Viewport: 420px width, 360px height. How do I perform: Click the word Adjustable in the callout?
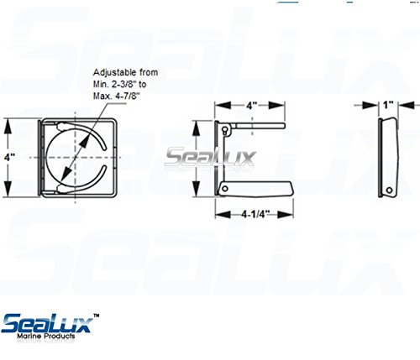pos(115,72)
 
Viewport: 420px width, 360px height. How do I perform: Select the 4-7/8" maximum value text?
pos(126,97)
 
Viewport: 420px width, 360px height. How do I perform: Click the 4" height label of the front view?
pos(9,158)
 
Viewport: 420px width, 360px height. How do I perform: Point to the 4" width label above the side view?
pos(251,106)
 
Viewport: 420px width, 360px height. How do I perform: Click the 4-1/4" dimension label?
pos(255,214)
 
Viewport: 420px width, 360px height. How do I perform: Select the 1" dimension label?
pos(388,105)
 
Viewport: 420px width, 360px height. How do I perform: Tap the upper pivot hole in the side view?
pos(225,129)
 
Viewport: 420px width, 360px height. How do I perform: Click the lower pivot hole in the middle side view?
pos(224,189)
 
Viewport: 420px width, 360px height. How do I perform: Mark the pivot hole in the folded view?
pos(389,190)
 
